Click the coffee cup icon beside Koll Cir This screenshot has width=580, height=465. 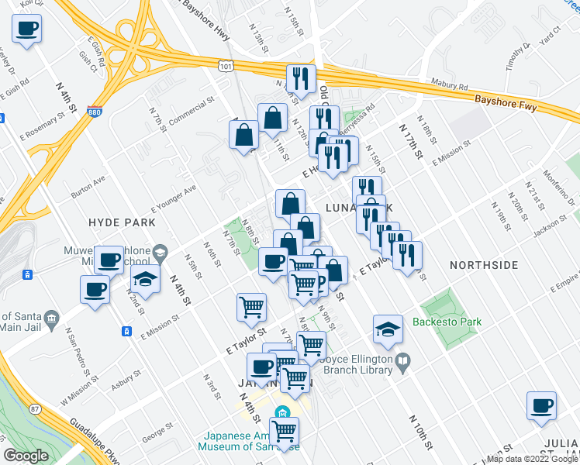pyautogui.click(x=26, y=29)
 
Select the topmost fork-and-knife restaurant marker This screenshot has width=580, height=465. pyautogui.click(x=299, y=78)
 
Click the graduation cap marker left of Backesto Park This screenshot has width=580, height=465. pyautogui.click(x=387, y=329)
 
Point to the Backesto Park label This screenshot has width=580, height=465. pyautogui.click(x=447, y=322)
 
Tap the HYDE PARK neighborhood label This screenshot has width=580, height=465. pyautogui.click(x=122, y=222)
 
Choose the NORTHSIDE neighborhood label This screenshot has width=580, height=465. pyautogui.click(x=483, y=265)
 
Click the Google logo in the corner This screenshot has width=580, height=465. pyautogui.click(x=26, y=456)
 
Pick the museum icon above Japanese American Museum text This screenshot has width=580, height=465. pyautogui.click(x=281, y=412)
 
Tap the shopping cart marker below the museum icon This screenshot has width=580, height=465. pyautogui.click(x=285, y=430)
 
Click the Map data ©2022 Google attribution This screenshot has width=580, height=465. pyautogui.click(x=532, y=459)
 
